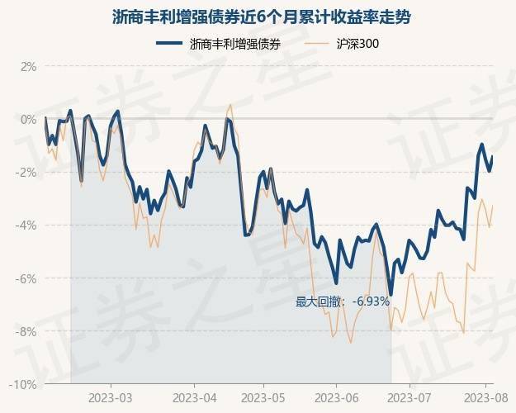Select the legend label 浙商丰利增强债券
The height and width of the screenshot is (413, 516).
(x=234, y=44)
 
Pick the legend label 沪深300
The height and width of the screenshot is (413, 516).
(x=357, y=44)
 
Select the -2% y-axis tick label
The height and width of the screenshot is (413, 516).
(x=26, y=172)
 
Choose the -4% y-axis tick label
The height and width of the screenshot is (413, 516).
(x=26, y=225)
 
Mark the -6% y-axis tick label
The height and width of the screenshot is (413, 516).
(x=26, y=278)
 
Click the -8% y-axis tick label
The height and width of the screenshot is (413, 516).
(x=26, y=331)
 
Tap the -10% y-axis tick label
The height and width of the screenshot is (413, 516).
(x=24, y=384)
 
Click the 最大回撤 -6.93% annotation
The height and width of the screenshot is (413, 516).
(x=343, y=301)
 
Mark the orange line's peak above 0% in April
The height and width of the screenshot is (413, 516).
(x=230, y=105)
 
